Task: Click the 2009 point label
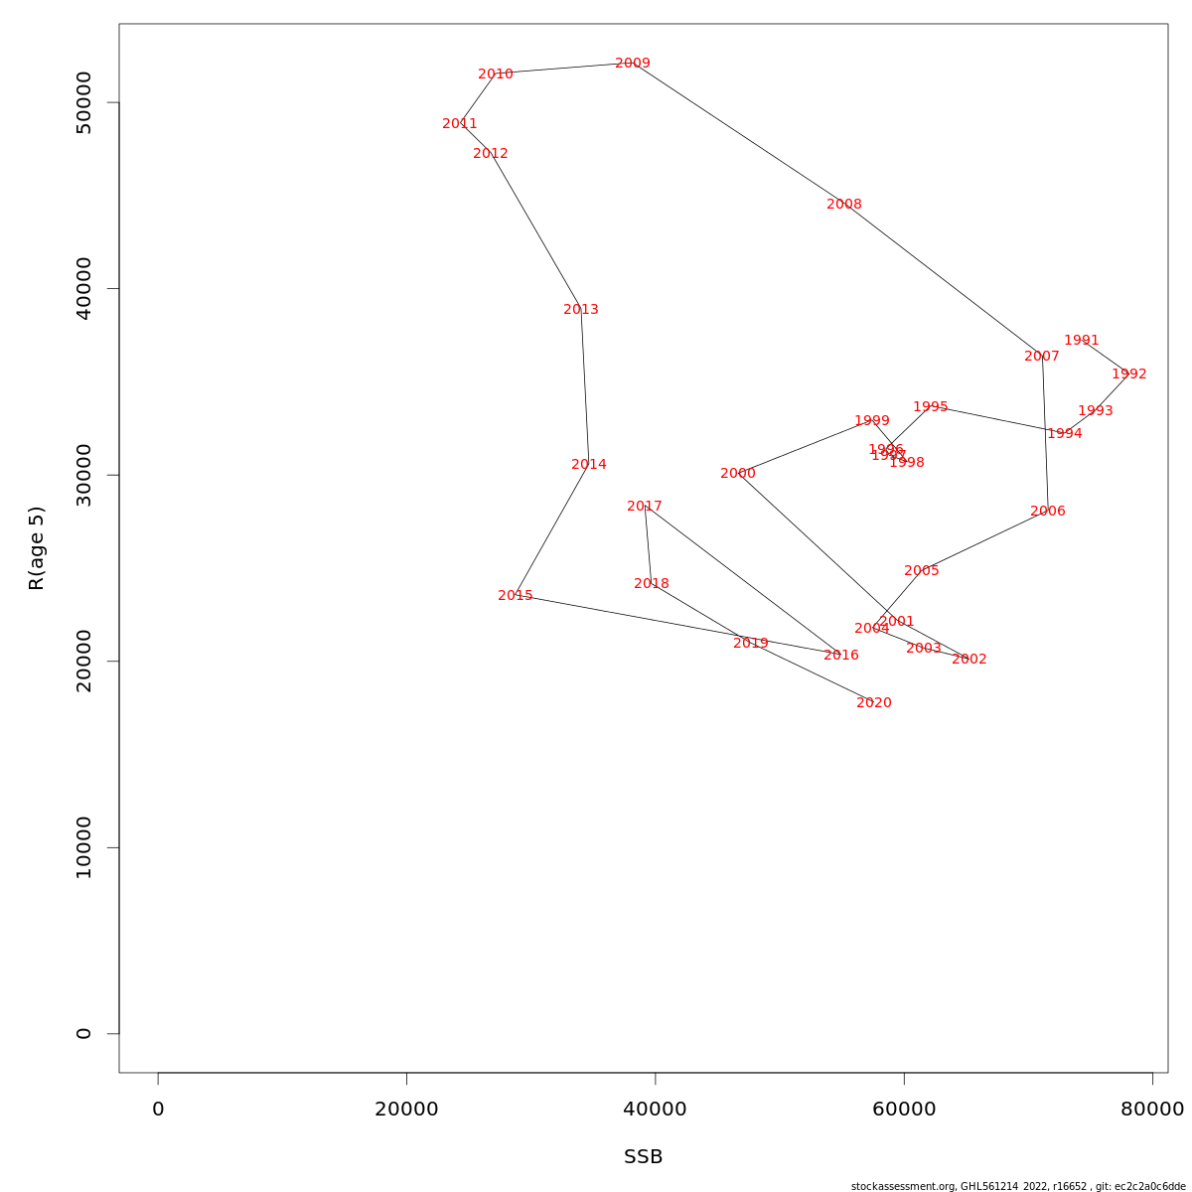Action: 633,64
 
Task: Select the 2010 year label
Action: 496,74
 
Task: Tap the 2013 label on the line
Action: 581,310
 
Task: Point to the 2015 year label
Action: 516,596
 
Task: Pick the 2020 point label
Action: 874,703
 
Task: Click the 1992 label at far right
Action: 1129,374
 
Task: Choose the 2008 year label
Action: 844,205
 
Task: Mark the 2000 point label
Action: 738,474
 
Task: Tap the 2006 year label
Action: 1048,512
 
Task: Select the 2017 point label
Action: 645,507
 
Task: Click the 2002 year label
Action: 969,660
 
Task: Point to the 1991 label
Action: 1082,341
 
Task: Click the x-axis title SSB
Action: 644,1157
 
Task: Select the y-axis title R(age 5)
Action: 37,548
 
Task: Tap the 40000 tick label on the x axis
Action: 656,1110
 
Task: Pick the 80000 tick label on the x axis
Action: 1152,1110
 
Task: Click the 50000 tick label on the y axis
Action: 83,102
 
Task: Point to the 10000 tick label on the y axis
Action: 83,847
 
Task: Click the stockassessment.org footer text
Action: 1018,1186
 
